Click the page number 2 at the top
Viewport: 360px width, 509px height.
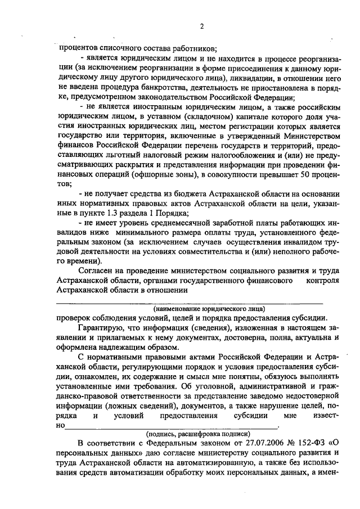201,27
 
